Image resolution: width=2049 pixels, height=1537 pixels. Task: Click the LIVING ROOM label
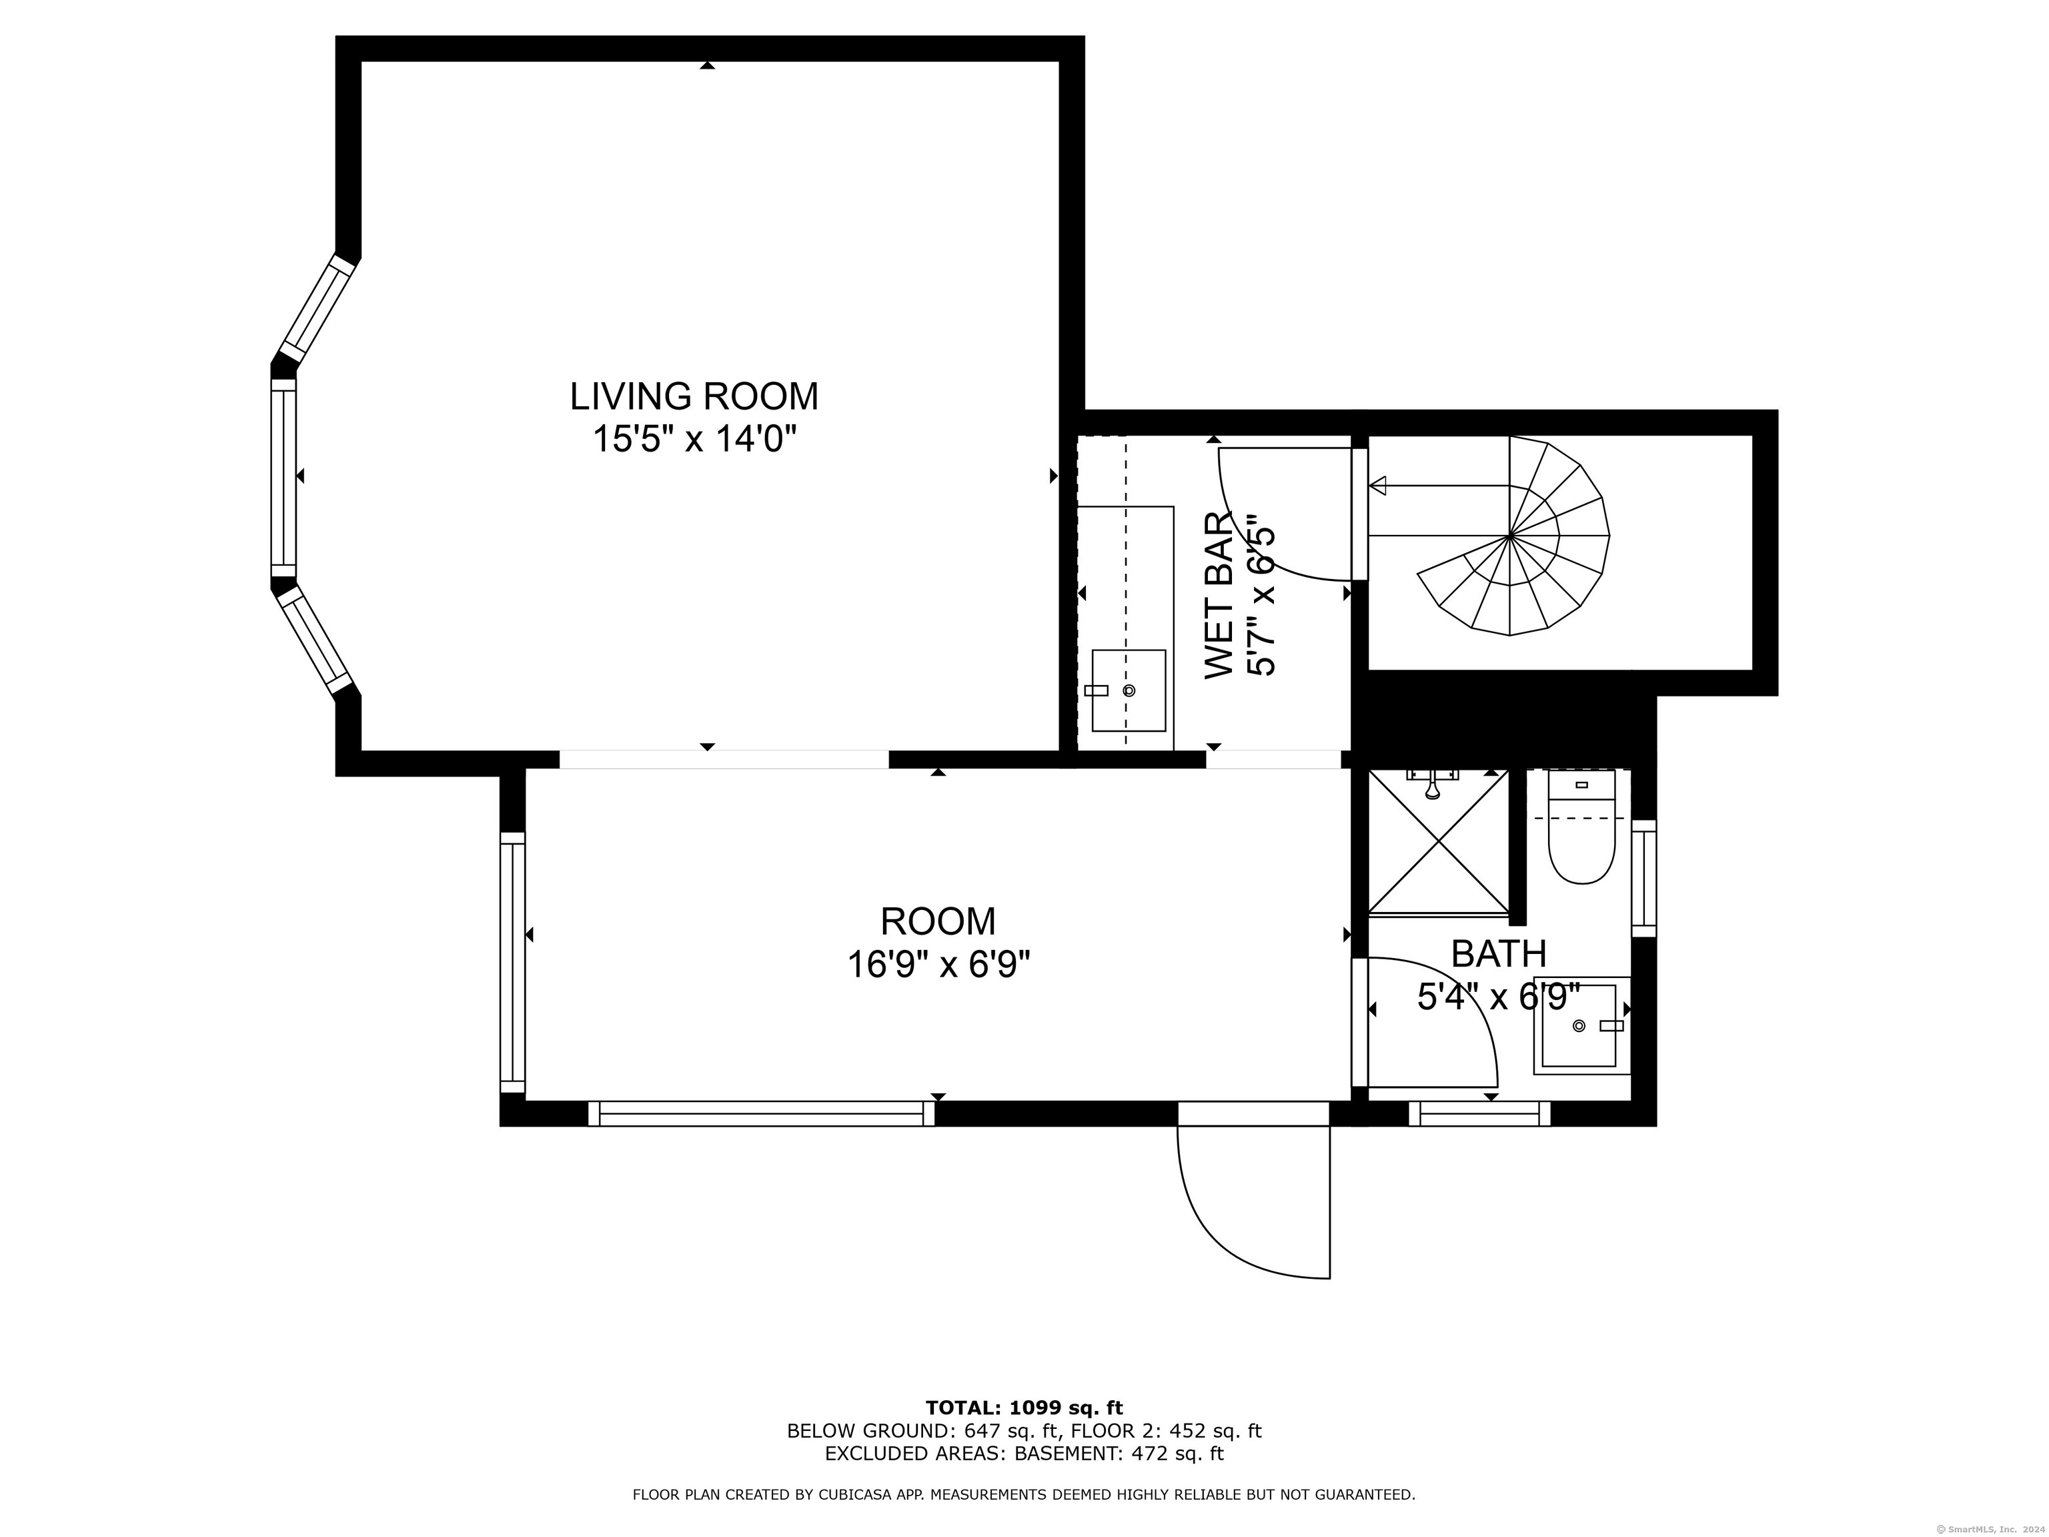694,396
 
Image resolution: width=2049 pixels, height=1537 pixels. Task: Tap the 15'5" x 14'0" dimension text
695,439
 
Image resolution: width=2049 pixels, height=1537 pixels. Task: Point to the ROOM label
938,922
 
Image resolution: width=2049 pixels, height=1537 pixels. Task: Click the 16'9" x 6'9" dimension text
938,965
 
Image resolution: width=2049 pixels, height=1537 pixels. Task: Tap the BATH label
1499,953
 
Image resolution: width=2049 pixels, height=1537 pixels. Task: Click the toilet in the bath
1582,827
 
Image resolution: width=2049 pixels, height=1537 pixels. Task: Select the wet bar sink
1129,690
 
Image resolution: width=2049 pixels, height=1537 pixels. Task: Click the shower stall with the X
1439,841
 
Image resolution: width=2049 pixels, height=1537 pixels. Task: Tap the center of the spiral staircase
1510,536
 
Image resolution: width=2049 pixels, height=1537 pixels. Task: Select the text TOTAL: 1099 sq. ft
1024,1408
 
